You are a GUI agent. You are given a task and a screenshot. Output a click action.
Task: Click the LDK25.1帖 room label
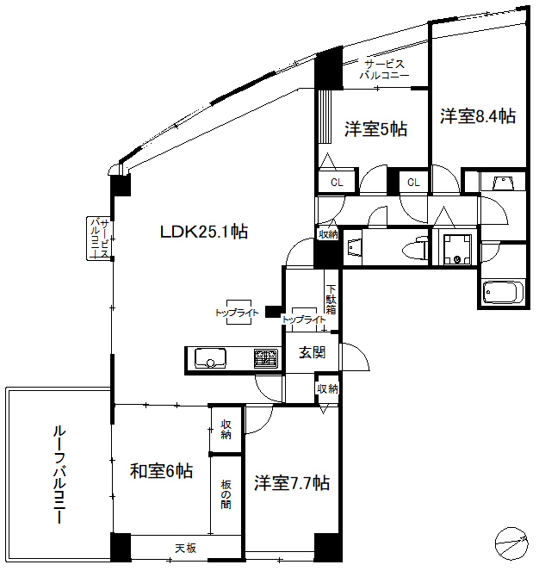[x=204, y=231]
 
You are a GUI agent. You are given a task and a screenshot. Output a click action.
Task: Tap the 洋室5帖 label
[x=376, y=129]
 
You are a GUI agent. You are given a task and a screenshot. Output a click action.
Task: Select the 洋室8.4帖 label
[x=478, y=115]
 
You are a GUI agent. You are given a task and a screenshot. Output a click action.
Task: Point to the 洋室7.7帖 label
[x=292, y=483]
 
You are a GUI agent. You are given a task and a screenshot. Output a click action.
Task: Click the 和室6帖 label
[x=161, y=471]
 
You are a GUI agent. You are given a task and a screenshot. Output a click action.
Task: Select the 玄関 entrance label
[x=312, y=351]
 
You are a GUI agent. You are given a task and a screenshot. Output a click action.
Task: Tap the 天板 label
[x=187, y=548]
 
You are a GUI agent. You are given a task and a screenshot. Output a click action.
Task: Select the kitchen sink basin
[x=210, y=357]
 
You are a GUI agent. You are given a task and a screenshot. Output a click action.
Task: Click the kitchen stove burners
[x=264, y=357]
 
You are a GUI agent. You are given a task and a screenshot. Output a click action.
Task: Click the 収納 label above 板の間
[x=226, y=429]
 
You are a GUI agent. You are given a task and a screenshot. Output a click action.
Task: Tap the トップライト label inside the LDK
[x=237, y=313]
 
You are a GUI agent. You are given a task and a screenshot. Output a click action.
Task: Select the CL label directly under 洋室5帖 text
[x=338, y=183]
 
